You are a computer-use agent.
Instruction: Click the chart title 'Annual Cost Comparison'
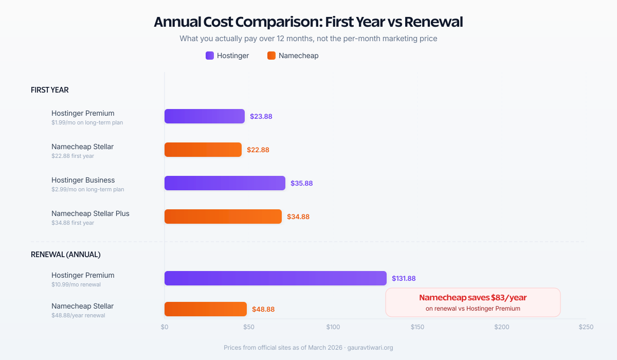(308, 22)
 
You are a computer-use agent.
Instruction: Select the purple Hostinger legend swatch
(210, 56)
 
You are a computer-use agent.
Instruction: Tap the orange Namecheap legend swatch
(271, 56)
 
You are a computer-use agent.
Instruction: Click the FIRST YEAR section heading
(50, 90)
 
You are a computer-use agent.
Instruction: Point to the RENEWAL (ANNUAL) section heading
(66, 255)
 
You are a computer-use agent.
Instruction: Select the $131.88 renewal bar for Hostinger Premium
(275, 278)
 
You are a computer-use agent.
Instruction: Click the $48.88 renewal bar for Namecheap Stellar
(206, 309)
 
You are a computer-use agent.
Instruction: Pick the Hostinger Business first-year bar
(225, 183)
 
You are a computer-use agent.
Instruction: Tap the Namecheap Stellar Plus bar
(223, 217)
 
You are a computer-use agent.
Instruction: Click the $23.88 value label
(261, 117)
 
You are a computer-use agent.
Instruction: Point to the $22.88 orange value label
(258, 150)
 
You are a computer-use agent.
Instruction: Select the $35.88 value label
(301, 183)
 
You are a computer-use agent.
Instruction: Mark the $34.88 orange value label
(298, 217)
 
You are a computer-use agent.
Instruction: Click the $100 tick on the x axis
(333, 327)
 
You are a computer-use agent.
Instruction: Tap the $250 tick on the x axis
(586, 327)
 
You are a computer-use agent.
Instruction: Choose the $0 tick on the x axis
(165, 327)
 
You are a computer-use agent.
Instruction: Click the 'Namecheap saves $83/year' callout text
(473, 298)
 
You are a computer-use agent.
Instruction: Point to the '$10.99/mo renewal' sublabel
(76, 284)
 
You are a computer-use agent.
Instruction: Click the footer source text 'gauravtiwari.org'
(370, 348)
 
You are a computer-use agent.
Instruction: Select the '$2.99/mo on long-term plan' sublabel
(87, 189)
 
